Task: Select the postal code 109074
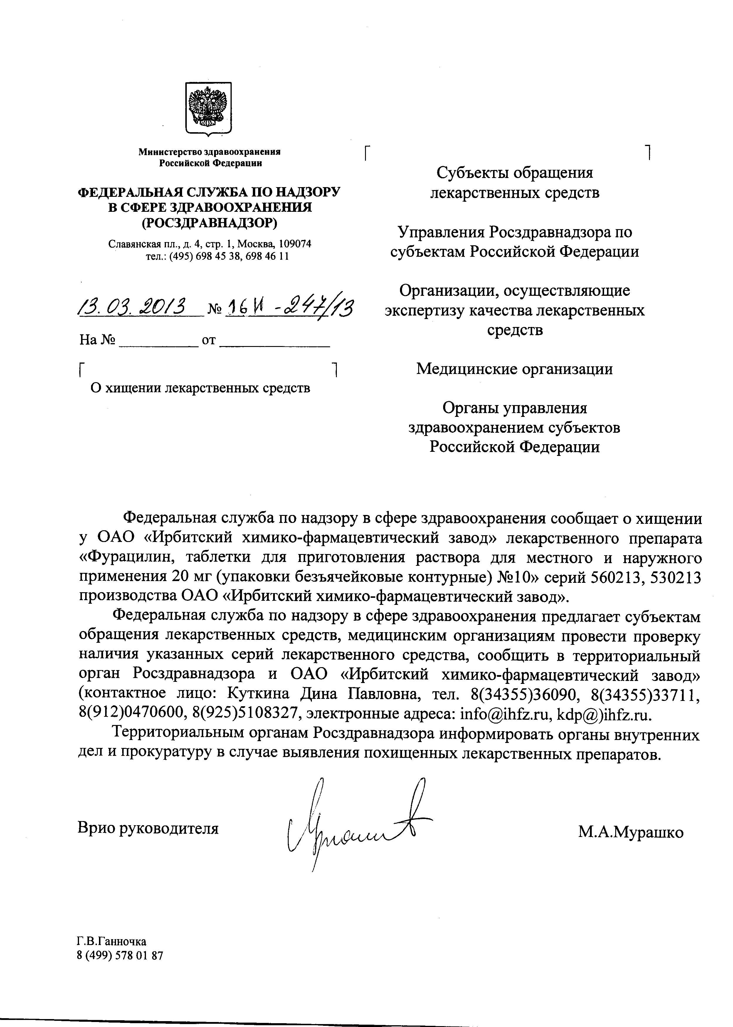click(295, 244)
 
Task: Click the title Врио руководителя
click(148, 828)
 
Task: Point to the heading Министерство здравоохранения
click(209, 152)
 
